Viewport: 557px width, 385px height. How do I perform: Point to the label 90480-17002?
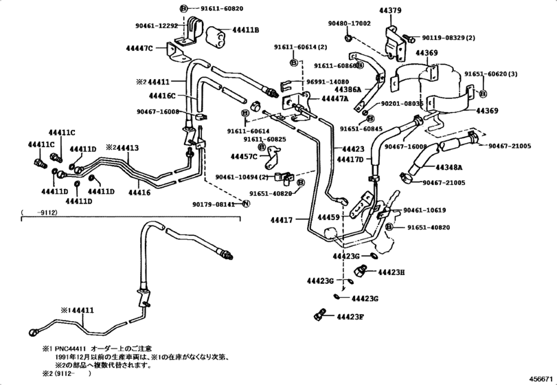coord(349,23)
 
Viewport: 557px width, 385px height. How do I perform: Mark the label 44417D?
coord(351,159)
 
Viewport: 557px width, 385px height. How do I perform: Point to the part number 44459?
coord(328,217)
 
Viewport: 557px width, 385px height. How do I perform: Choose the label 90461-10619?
coord(425,210)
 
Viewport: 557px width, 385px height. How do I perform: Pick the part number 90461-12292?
coord(157,25)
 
